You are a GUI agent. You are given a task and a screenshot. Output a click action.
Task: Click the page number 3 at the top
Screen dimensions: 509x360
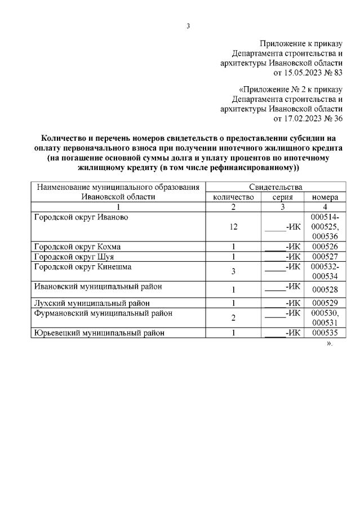188,25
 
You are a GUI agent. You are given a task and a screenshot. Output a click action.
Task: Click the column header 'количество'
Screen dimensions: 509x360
233,197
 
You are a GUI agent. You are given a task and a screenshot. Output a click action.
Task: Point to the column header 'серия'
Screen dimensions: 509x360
282,197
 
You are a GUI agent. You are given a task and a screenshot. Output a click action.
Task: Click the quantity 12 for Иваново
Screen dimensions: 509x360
233,227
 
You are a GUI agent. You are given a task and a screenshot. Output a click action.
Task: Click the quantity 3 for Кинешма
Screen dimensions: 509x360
233,271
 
